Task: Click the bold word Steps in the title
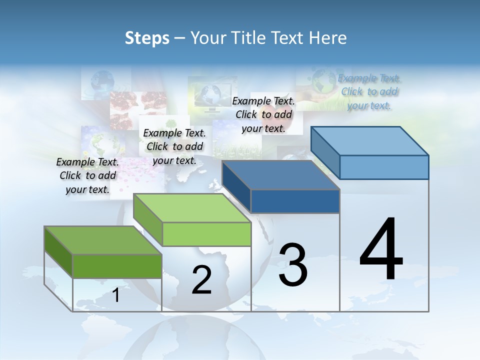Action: [147, 38]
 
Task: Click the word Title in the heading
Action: [248, 38]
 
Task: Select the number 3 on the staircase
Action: [293, 265]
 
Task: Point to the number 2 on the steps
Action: [201, 280]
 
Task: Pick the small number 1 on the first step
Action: [116, 295]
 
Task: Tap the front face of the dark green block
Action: [117, 266]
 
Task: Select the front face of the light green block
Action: [206, 234]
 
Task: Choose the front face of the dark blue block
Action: [295, 201]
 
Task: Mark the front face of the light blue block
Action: [384, 167]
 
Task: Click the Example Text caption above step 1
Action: [87, 175]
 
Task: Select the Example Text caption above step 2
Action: [174, 146]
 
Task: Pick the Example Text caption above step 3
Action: [263, 114]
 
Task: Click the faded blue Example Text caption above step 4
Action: [369, 91]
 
